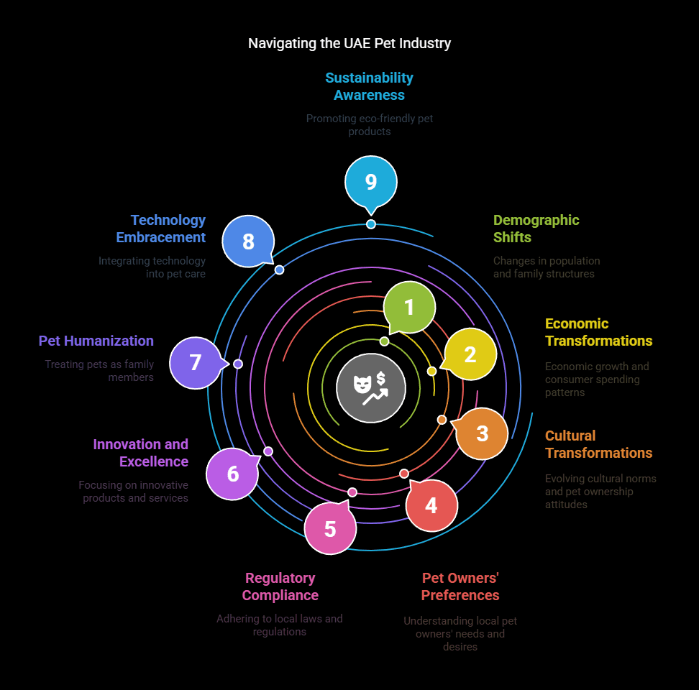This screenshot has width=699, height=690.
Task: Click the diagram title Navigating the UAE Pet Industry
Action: click(x=349, y=43)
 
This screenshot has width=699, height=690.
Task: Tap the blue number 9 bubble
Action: click(x=371, y=182)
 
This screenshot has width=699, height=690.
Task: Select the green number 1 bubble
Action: click(x=409, y=307)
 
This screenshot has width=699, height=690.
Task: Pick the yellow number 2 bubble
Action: click(x=470, y=354)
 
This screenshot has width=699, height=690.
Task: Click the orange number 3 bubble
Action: click(x=482, y=433)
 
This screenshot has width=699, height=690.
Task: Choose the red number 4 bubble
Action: click(x=431, y=505)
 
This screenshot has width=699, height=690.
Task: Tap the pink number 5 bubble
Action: click(x=330, y=528)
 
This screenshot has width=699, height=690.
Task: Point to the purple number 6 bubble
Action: click(x=232, y=474)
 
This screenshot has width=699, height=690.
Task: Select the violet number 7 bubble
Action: click(x=196, y=362)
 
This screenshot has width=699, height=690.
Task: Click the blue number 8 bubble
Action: click(x=248, y=241)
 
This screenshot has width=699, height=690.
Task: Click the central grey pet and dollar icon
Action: click(x=371, y=388)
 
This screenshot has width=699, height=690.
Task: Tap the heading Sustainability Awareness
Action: click(x=369, y=86)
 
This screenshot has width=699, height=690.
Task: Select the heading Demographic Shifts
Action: click(x=536, y=229)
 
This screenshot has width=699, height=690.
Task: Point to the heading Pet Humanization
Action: click(x=96, y=341)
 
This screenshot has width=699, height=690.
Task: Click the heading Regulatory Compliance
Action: click(x=280, y=586)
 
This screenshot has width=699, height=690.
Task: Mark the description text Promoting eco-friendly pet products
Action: click(x=370, y=124)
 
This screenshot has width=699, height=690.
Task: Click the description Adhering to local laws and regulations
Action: click(x=280, y=625)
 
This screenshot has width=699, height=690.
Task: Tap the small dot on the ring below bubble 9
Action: click(x=371, y=224)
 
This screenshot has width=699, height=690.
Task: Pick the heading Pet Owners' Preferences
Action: click(x=460, y=586)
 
